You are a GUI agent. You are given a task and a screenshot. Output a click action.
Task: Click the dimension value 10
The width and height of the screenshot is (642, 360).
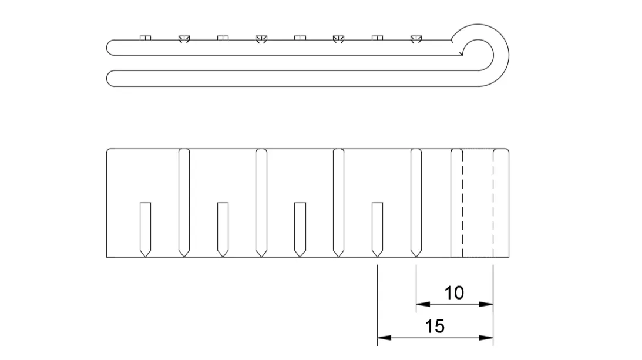click(454, 292)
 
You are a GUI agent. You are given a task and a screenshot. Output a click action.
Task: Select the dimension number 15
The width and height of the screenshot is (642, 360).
click(435, 326)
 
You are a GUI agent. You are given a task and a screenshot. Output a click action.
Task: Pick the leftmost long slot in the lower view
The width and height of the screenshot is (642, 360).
click(183, 200)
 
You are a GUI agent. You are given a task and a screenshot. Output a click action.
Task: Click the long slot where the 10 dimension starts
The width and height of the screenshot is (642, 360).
click(416, 200)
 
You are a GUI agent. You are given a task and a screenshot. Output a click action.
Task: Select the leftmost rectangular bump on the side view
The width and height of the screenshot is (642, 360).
click(145, 38)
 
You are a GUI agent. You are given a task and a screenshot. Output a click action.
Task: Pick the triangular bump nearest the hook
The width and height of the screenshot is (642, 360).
click(416, 39)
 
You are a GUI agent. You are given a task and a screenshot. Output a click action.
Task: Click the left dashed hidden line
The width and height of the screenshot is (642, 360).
click(462, 203)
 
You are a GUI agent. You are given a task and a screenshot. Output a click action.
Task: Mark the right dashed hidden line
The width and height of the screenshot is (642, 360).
click(493, 203)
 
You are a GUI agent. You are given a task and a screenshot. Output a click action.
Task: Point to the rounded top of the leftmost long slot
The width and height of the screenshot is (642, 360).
click(183, 152)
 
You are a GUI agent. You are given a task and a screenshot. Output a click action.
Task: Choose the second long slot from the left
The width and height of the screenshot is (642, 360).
click(261, 200)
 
